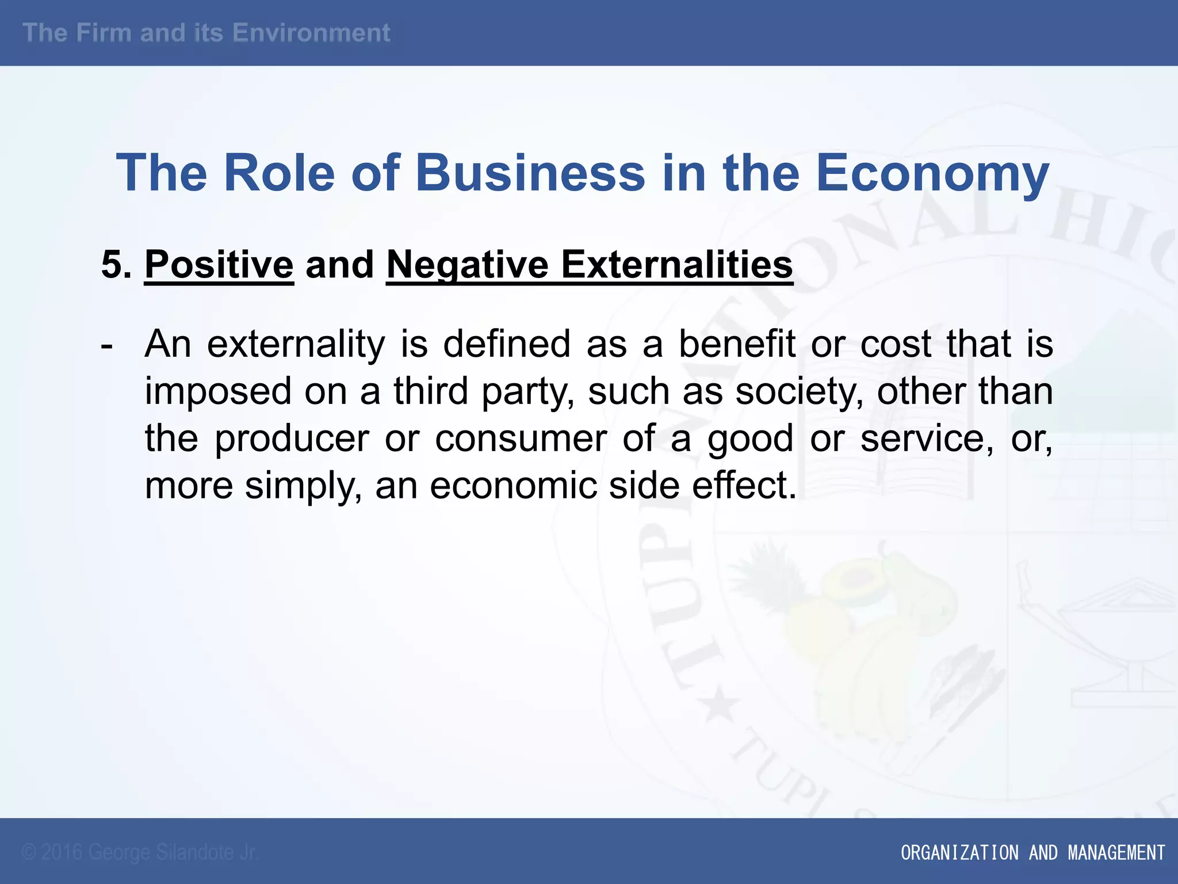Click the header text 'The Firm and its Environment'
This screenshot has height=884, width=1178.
coord(206,33)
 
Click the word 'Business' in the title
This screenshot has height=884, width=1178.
coord(530,173)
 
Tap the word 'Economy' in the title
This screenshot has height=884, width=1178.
coord(932,173)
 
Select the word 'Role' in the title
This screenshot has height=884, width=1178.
coord(279,173)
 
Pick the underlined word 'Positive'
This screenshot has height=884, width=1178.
coord(219,265)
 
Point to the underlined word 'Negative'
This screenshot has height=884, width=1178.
coord(468,265)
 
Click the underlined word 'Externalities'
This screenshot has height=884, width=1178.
coord(677,265)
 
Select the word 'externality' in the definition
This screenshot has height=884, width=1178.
coord(296,345)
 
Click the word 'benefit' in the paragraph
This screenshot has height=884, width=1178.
coord(737,345)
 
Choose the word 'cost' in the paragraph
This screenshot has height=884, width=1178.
coord(896,345)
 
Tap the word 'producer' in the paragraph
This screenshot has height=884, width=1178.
coord(292,439)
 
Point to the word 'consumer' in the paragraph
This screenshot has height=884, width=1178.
coord(521,439)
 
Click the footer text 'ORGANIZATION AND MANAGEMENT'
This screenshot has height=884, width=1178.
coord(1032,852)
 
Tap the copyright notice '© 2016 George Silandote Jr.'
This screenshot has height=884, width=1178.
coord(140,852)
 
